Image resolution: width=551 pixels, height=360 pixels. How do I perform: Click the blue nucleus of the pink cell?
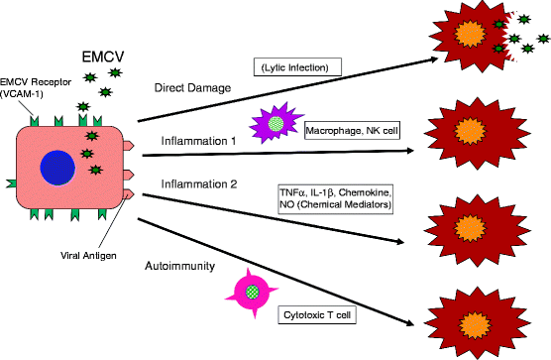click(x=58, y=167)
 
